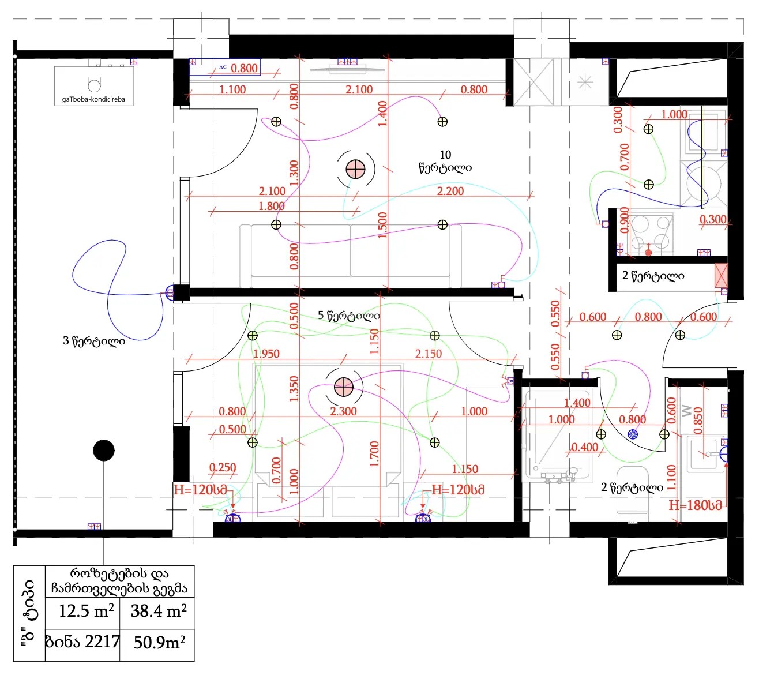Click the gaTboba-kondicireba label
(x=93, y=99)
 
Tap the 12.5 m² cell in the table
(x=86, y=610)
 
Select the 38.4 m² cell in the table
(x=158, y=610)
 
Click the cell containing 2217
(x=82, y=642)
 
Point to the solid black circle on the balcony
(x=104, y=450)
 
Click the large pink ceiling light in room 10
(x=355, y=169)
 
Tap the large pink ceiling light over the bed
(x=343, y=387)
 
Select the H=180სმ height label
(x=695, y=505)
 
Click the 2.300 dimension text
(x=343, y=411)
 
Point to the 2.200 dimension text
(x=450, y=191)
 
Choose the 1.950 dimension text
(x=266, y=354)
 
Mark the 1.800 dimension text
(x=271, y=206)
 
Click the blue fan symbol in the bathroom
(x=633, y=434)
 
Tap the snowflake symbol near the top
(x=585, y=82)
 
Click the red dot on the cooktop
(x=648, y=253)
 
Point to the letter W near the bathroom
(x=686, y=411)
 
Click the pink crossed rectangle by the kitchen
(x=721, y=276)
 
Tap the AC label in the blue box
(x=223, y=67)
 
